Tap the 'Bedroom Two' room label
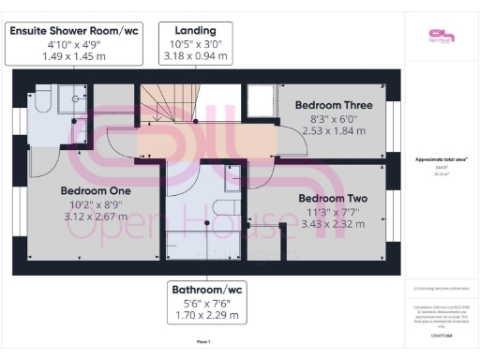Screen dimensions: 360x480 [332, 199]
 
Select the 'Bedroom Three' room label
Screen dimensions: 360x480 [334, 106]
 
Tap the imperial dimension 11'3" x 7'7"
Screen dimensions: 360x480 [332, 213]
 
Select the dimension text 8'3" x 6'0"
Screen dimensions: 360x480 [334, 120]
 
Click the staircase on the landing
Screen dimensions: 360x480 [163, 102]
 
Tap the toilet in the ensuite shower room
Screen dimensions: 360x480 [40, 99]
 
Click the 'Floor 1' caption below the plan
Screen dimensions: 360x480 [204, 343]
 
